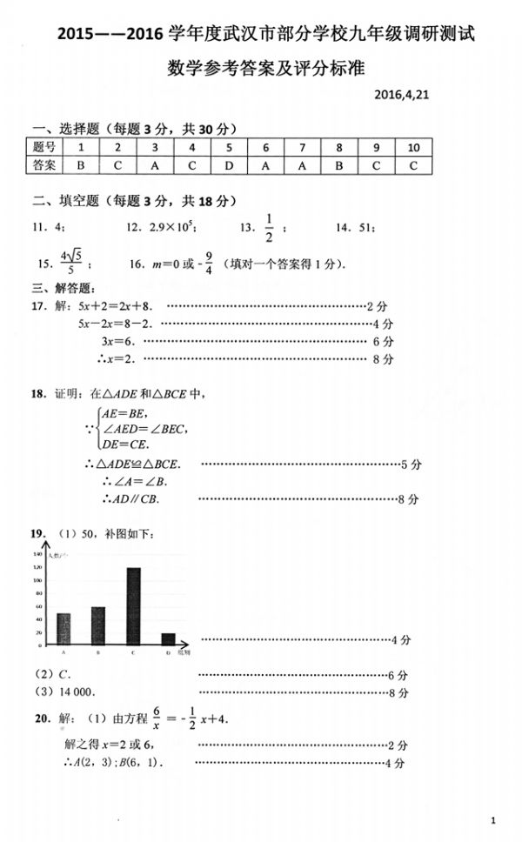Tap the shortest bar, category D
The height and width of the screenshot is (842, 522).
(x=168, y=638)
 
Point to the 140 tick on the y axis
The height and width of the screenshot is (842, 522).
(x=38, y=554)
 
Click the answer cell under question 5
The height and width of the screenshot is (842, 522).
(x=228, y=164)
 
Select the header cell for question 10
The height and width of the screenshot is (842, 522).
(x=413, y=146)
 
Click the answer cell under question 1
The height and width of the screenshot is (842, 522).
(x=80, y=164)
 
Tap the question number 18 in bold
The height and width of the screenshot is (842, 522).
(x=37, y=394)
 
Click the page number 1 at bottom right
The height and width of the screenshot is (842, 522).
(x=492, y=820)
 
